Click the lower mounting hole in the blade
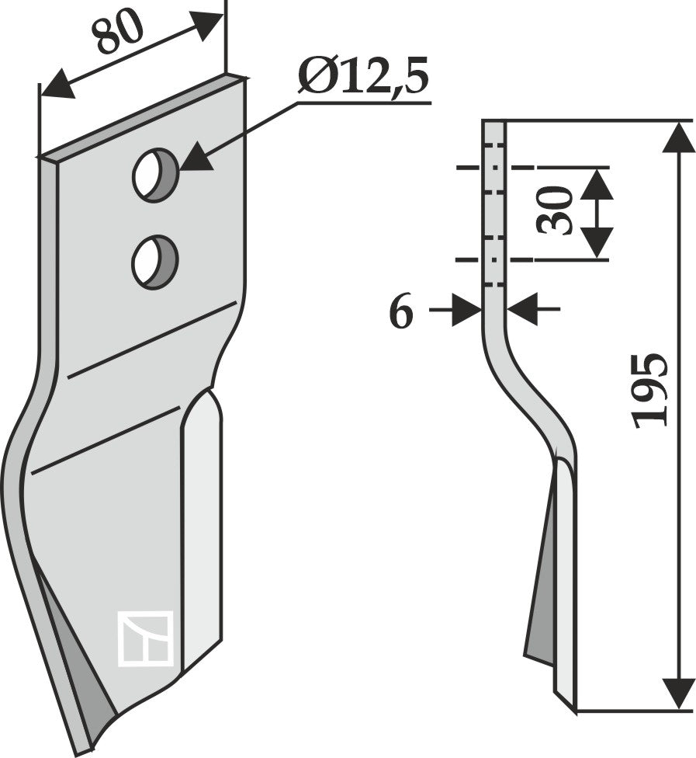pos(154,262)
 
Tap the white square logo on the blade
pos(145,638)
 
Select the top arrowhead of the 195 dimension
pos(679,137)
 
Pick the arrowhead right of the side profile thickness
pos(525,310)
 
